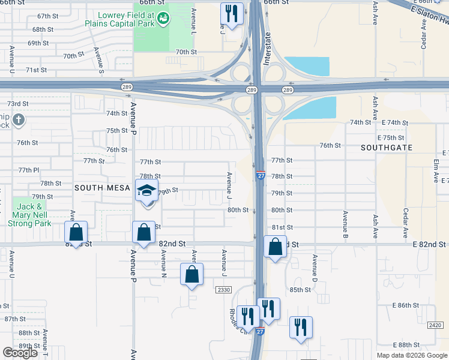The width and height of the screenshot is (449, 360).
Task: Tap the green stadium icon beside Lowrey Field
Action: [x=163, y=20]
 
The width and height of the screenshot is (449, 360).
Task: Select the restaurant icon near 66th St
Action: [x=231, y=13]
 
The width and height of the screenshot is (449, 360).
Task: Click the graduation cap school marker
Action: [x=146, y=190]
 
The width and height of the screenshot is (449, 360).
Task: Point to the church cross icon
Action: [x=19, y=120]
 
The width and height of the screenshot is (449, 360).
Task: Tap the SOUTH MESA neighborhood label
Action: [x=102, y=188]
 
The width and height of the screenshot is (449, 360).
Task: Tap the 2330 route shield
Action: [x=223, y=290]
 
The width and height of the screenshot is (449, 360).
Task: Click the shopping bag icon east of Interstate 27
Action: [x=275, y=246]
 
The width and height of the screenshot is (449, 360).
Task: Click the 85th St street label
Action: [x=300, y=290]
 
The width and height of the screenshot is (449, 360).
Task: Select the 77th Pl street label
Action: [x=28, y=170]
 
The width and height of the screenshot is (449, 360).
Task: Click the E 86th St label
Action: [x=406, y=305]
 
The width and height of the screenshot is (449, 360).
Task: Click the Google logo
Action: [x=20, y=352]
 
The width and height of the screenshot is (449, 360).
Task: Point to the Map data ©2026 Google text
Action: [x=412, y=355]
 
